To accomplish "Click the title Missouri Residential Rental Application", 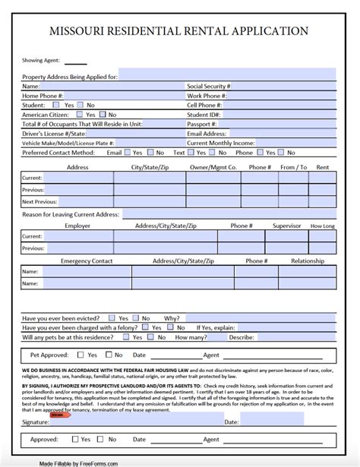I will click(x=179, y=31).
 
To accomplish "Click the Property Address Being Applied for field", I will click(x=227, y=77).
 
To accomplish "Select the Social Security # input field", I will click(x=284, y=87).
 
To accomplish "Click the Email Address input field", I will click(x=284, y=133).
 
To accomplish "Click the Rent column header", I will click(x=322, y=167).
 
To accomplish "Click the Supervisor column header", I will click(x=287, y=226).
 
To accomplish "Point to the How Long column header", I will click(x=322, y=226).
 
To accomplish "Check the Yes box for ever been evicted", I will click(x=112, y=318).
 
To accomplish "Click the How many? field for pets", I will click(x=206, y=336).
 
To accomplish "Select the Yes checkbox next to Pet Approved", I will click(x=81, y=355).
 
